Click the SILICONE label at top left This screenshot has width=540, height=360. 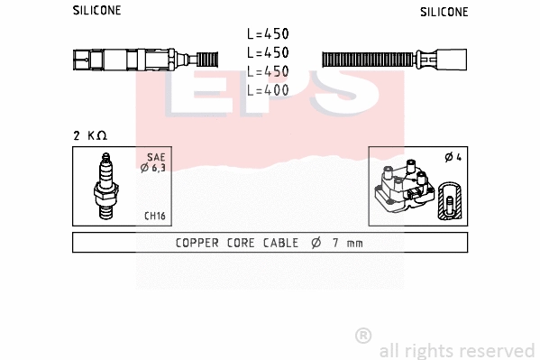(x=96, y=11)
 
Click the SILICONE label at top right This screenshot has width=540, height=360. (x=444, y=12)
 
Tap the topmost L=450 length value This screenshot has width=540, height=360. (x=268, y=33)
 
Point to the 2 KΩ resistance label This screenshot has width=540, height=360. (x=90, y=135)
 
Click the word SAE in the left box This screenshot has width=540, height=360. (x=155, y=156)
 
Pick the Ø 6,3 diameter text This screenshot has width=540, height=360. (x=152, y=167)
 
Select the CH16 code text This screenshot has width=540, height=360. (x=154, y=216)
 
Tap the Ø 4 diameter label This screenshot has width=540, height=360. (x=453, y=158)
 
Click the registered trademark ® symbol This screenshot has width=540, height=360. (x=363, y=336)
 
